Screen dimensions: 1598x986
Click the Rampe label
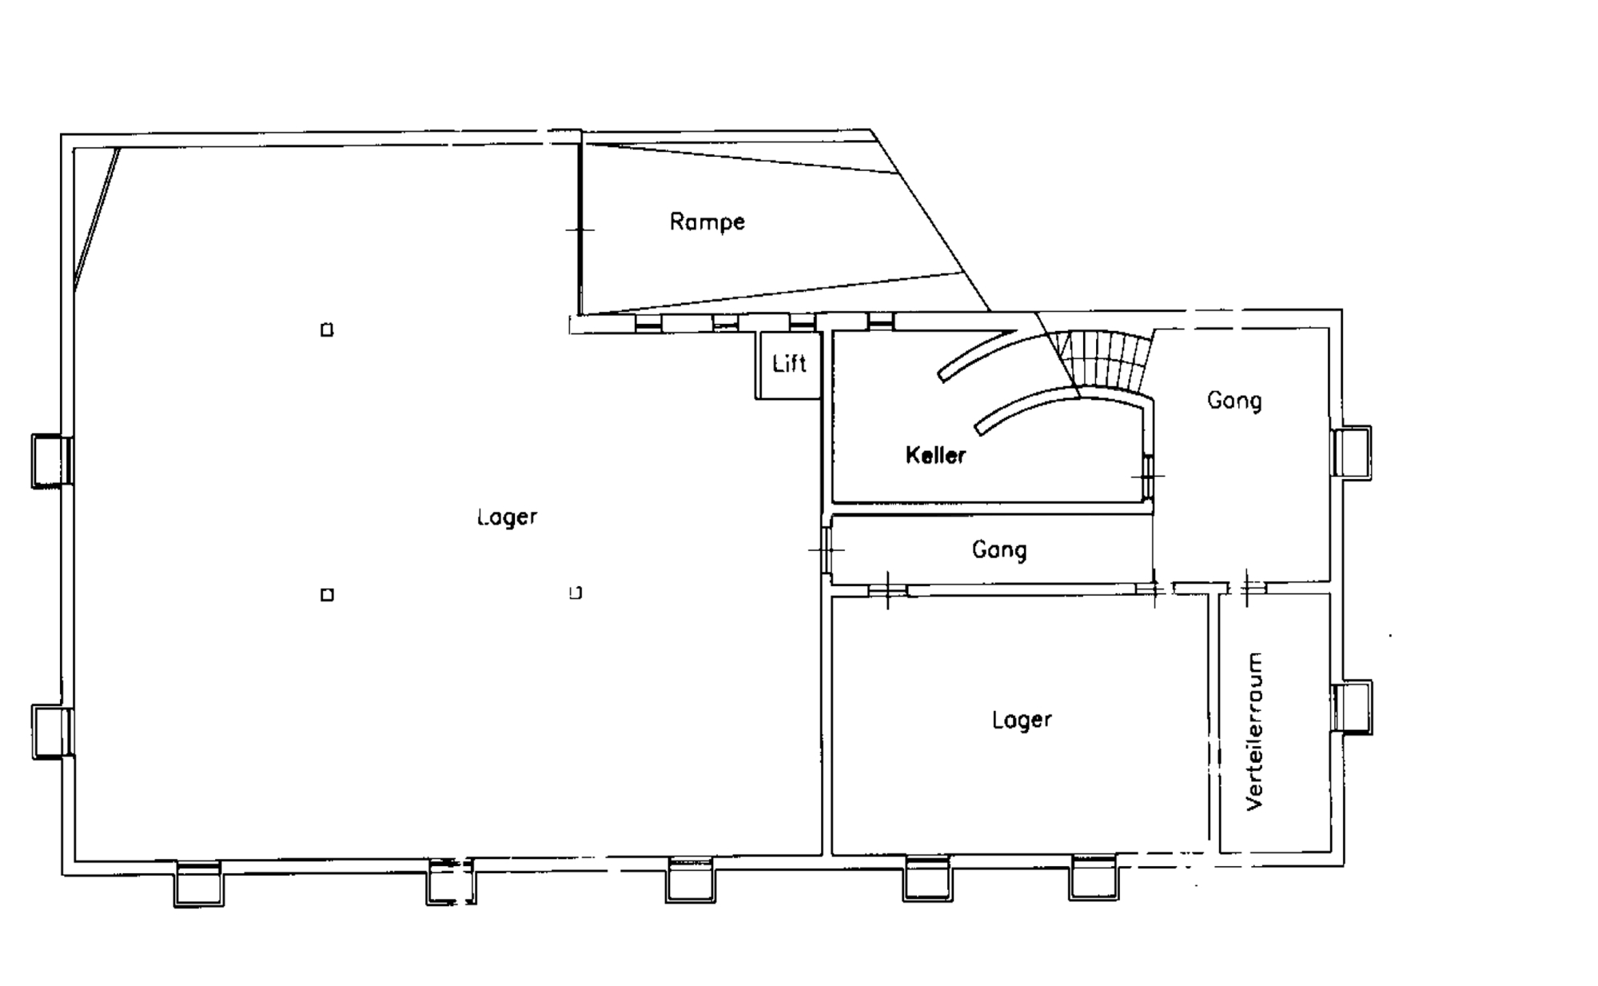coord(707,222)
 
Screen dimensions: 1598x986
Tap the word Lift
coord(789,364)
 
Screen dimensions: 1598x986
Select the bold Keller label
coord(935,455)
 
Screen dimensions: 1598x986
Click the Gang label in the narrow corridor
coord(999,550)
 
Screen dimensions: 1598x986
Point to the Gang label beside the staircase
coord(1234,400)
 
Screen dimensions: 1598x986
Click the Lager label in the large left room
coord(507,517)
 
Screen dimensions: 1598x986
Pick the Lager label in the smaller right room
coord(1022,719)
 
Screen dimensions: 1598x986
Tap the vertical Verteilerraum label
coord(1255,732)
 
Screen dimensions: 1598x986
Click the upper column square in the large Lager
coord(327,329)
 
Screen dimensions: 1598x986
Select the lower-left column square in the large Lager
coord(327,594)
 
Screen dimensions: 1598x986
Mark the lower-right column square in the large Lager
coord(576,593)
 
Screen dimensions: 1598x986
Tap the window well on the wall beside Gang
coord(1352,453)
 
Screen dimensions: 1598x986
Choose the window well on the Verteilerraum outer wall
coord(1352,707)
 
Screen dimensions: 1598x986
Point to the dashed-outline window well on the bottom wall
coord(451,882)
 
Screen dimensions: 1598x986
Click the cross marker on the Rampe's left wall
coord(580,230)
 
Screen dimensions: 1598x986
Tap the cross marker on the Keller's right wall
coord(1149,476)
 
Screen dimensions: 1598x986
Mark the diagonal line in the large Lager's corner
coord(97,218)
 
